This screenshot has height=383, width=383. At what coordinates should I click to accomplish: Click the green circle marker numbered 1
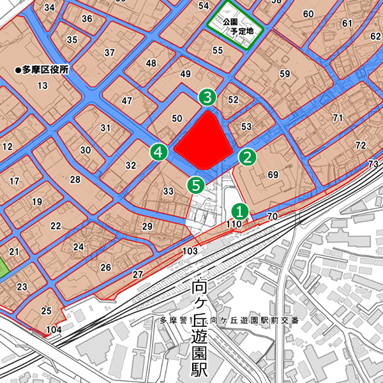click(x=239, y=210)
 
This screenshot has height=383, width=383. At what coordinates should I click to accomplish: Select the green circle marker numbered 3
click(x=207, y=97)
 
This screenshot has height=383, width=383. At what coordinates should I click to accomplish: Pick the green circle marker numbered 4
click(x=159, y=152)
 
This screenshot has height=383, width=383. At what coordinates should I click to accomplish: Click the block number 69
click(x=273, y=175)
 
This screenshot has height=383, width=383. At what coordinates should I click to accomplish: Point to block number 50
click(x=177, y=117)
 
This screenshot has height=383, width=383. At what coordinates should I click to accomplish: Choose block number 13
click(x=43, y=86)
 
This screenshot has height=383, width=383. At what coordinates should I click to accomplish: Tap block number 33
click(x=169, y=191)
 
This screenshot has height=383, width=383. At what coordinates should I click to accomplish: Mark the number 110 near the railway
click(x=234, y=224)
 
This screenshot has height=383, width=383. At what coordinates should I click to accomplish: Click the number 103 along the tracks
click(x=190, y=251)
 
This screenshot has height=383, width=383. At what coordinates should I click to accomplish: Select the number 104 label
click(x=54, y=330)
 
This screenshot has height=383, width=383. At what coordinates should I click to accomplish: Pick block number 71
click(x=338, y=117)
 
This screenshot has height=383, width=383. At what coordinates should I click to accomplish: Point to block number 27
click(x=138, y=274)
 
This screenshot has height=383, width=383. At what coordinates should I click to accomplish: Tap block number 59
click(x=284, y=74)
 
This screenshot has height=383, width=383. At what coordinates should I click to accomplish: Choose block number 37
click(x=110, y=52)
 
